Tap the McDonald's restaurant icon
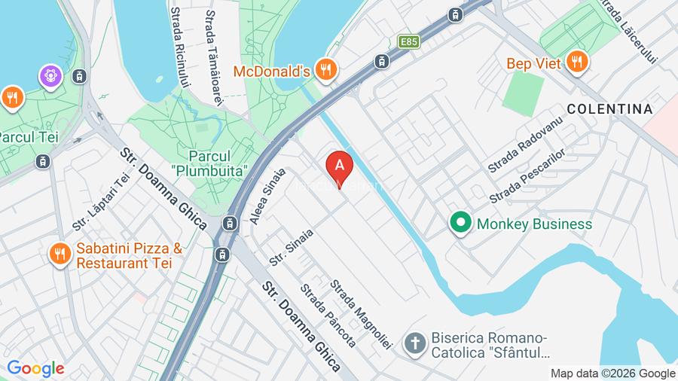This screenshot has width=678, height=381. (325, 71)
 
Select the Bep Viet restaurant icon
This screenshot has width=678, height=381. (577, 62)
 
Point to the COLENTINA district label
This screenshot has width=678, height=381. (609, 109)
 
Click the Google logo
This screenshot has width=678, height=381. (35, 368)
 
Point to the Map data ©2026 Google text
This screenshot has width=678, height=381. (612, 373)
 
